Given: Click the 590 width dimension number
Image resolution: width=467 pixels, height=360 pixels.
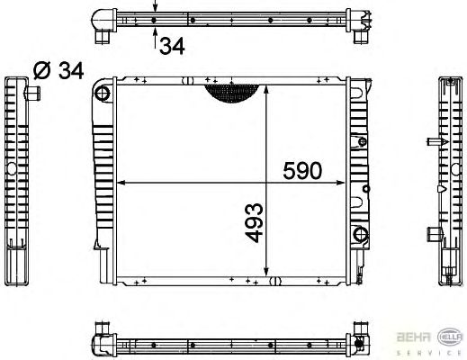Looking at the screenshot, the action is point(302,170).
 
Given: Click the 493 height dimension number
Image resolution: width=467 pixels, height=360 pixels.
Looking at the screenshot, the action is point(255,222).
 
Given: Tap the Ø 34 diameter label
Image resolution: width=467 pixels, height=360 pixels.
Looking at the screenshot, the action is point(58,71).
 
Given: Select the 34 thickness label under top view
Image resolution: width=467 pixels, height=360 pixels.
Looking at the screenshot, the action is point(172,46).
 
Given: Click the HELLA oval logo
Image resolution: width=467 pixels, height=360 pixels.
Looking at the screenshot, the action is point(451,337).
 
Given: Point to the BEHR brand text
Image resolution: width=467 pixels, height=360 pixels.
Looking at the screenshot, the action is point(414,337).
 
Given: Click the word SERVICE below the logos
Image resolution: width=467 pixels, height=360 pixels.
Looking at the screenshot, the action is point(430,353).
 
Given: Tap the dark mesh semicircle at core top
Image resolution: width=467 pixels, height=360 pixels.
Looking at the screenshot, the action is point(231,94).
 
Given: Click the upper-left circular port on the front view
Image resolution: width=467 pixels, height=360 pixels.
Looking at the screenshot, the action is point(103,94).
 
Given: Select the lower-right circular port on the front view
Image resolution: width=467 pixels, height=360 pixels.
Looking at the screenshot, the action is point(361,234).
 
